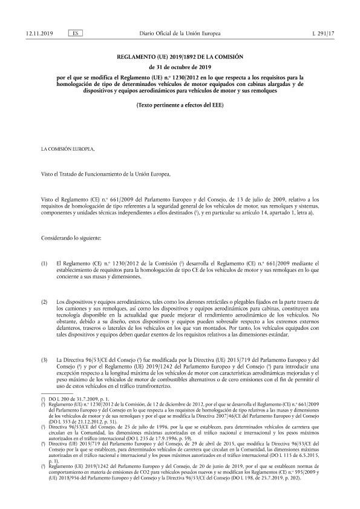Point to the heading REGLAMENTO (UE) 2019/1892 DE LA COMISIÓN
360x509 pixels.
pos(180,57)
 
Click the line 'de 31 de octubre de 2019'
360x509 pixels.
pos(180,67)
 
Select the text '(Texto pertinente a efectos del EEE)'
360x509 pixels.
pos(180,105)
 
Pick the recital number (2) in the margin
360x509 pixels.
pos(44,301)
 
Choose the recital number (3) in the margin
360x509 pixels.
pos(44,361)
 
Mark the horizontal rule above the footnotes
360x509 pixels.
pos(61,395)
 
